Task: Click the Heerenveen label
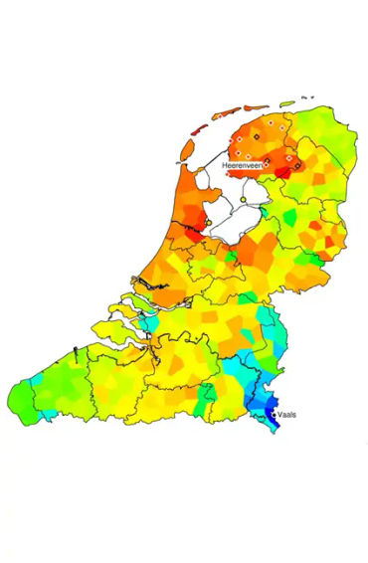coord(242,163)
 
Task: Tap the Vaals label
coord(288,414)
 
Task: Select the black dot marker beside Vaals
coord(275,415)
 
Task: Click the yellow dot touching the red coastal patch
coord(208,223)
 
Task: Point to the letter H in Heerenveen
coord(226,163)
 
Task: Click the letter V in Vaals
coord(281,414)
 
